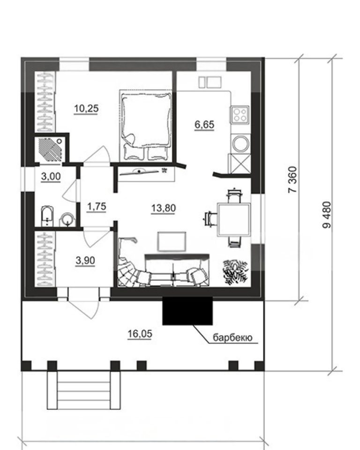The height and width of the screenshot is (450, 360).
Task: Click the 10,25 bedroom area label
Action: (86, 109)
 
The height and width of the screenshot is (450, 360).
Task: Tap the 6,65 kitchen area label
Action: (204, 125)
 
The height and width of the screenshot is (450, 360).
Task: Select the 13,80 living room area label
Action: (163, 208)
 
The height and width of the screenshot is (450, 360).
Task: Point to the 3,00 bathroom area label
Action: (51, 176)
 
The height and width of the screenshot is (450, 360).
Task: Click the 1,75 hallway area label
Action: (97, 206)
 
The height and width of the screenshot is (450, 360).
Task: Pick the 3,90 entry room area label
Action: (85, 261)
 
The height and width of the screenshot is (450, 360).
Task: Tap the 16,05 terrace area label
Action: (140, 334)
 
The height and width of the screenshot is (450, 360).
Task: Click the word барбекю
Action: (232, 337)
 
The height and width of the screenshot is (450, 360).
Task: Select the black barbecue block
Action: (187, 311)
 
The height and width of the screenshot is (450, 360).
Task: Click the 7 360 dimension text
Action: (293, 180)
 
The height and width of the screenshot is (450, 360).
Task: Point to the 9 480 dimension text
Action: (327, 215)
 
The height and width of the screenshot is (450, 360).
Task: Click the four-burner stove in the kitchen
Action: (240, 114)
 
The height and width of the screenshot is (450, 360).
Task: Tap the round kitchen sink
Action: (240, 143)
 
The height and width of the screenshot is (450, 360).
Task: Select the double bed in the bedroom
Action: (146, 126)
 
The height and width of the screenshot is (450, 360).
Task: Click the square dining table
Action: (234, 219)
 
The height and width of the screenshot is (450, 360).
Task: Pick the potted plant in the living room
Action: (235, 272)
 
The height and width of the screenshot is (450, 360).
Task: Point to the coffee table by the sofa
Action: (172, 241)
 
